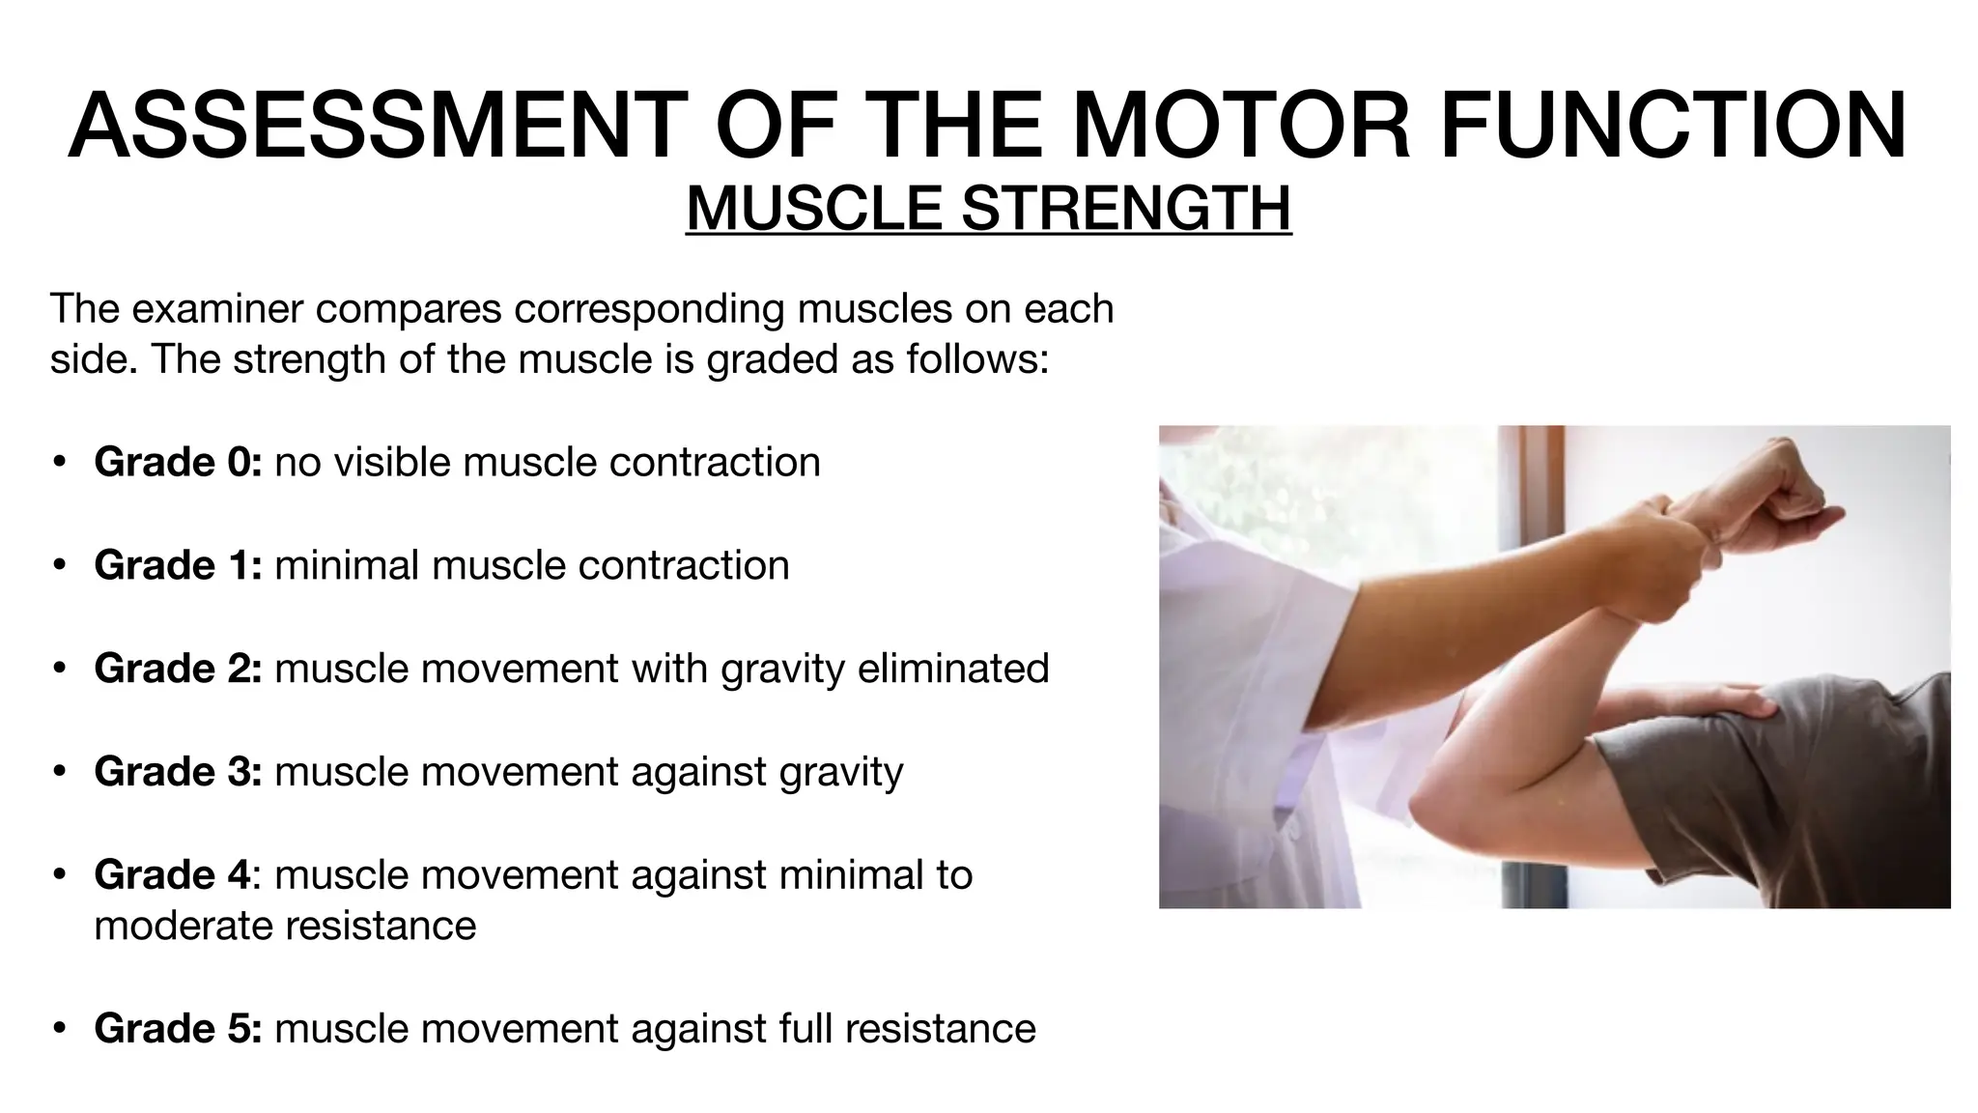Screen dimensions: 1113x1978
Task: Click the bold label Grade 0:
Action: point(178,462)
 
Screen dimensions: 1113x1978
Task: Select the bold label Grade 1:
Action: point(178,565)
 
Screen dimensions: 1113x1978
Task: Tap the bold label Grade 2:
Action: point(178,669)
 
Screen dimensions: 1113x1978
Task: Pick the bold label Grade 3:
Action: point(178,772)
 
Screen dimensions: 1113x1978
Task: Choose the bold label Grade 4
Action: point(172,875)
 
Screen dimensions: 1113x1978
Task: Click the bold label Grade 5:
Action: point(178,1029)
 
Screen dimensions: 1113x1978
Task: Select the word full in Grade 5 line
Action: point(805,1029)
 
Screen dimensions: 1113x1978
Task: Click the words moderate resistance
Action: point(285,926)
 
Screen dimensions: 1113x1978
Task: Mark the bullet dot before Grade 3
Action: point(60,772)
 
